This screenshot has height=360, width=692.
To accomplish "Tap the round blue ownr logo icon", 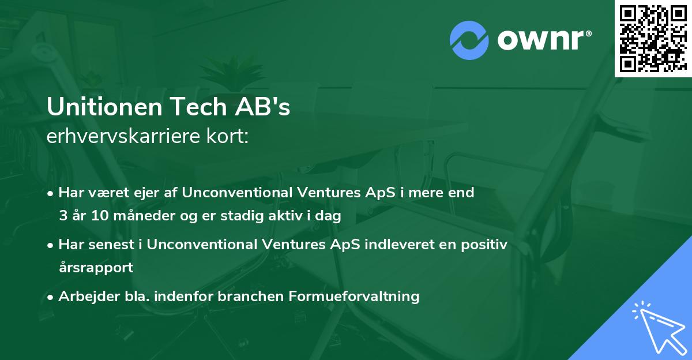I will coord(469,40).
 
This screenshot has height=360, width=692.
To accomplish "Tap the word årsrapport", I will coord(96,268).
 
